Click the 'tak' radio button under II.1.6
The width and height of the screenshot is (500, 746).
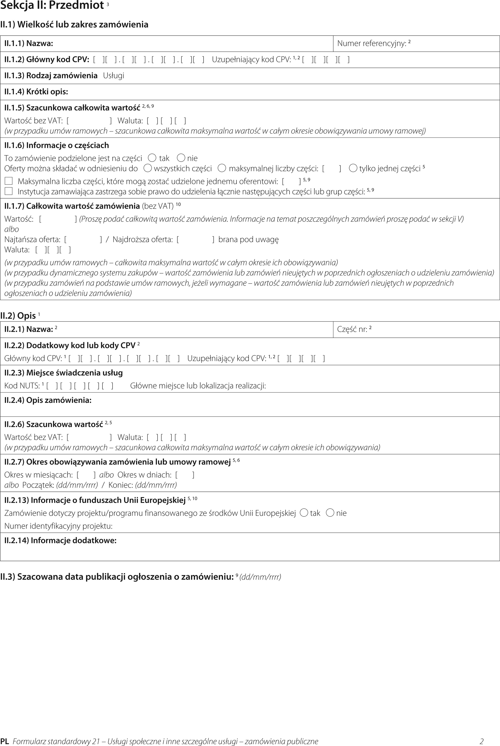(152, 158)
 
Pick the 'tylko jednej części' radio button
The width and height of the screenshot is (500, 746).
(353, 168)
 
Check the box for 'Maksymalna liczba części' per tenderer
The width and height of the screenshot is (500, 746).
(9, 181)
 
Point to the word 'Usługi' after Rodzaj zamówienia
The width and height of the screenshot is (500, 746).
(113, 76)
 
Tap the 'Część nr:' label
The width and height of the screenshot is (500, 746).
(352, 329)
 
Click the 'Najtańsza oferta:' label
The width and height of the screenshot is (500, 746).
(32, 239)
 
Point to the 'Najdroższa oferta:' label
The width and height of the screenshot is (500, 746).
(143, 239)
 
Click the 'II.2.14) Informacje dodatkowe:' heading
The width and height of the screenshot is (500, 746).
(60, 541)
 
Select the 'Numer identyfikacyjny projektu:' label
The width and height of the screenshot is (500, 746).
(58, 526)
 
